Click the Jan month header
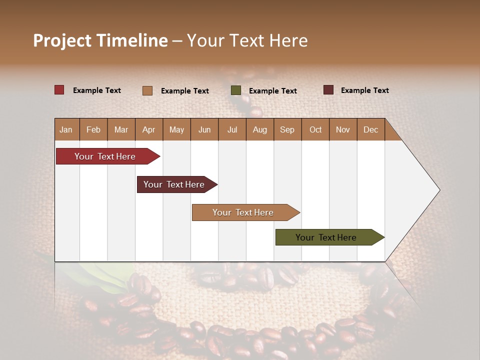(66, 129)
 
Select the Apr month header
(149, 129)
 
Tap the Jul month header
(232, 129)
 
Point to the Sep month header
(287, 129)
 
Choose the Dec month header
(370, 129)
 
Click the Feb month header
(93, 129)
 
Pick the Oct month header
(315, 129)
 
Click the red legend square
(59, 90)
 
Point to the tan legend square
(147, 90)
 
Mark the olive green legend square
(236, 90)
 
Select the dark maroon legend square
(328, 90)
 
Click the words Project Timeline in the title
(100, 40)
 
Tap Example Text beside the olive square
(272, 91)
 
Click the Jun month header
(204, 129)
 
